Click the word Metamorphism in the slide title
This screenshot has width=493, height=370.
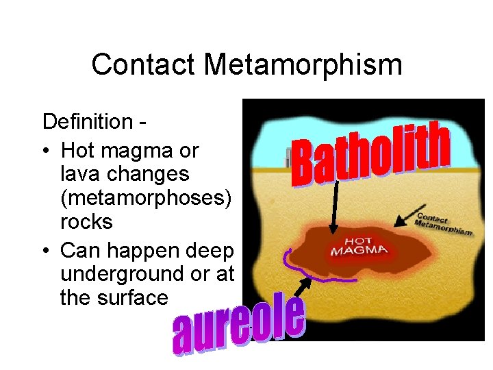coord(303,65)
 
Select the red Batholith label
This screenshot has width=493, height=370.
coord(370,155)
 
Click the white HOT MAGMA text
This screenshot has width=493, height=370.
coord(359,246)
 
